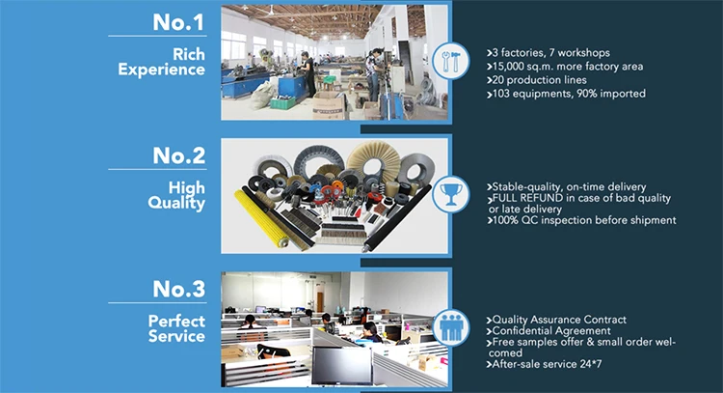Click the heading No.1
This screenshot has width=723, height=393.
pos(178,22)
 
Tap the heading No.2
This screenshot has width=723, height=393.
pos(179,155)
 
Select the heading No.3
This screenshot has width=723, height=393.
pos(179,289)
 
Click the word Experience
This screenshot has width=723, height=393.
pos(161,70)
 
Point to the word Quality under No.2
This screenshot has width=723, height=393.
pos(176,203)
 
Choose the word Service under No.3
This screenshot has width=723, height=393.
pos(176,336)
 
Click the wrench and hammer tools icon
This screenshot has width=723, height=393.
pos(451,62)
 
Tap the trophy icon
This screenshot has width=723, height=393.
pos(451,194)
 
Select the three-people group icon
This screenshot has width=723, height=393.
pos(451,327)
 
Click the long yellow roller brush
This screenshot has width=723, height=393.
pos(261,218)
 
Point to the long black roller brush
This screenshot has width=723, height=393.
pos(396,218)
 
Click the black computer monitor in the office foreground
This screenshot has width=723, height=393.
pos(341,366)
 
